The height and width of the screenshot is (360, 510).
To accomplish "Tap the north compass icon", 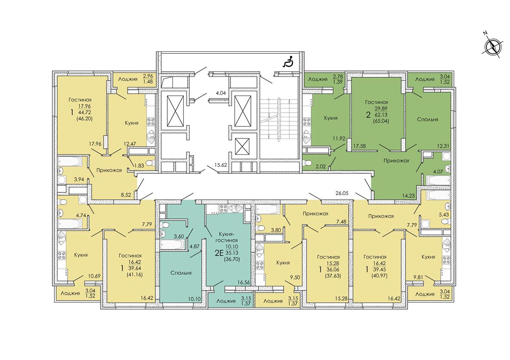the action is pos(491,46).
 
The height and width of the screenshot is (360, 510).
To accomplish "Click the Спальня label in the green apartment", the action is pos(427,119).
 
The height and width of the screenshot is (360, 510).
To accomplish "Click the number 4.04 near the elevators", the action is pos(221,93).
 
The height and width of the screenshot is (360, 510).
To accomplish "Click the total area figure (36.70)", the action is pos(231,259).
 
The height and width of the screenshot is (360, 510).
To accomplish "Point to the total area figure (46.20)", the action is pos(84,119).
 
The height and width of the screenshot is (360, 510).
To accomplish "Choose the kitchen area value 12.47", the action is pos(127,144).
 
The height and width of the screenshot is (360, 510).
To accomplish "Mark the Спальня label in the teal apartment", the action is pos(181,273).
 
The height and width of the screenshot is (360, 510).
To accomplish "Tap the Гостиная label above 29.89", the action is pos(376,102).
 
